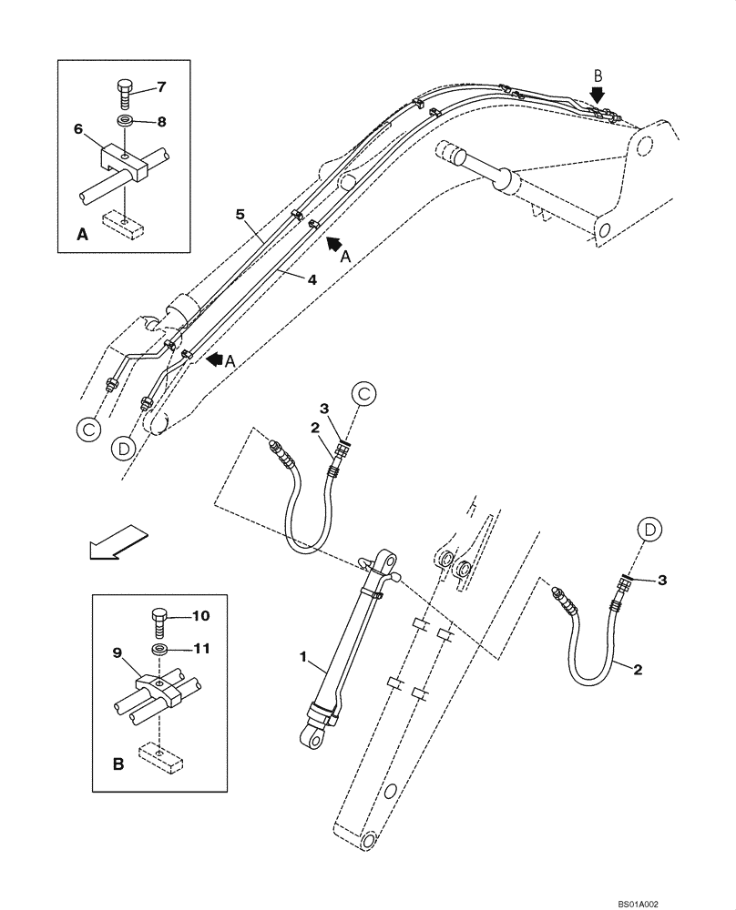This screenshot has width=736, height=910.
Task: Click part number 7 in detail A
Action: coord(161,87)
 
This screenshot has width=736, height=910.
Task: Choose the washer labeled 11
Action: coord(159,650)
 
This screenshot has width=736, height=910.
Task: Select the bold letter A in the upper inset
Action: coord(82,235)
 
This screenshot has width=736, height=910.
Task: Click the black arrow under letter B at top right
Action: coord(598,96)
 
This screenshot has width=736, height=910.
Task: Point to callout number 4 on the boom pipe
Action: coord(311,281)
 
